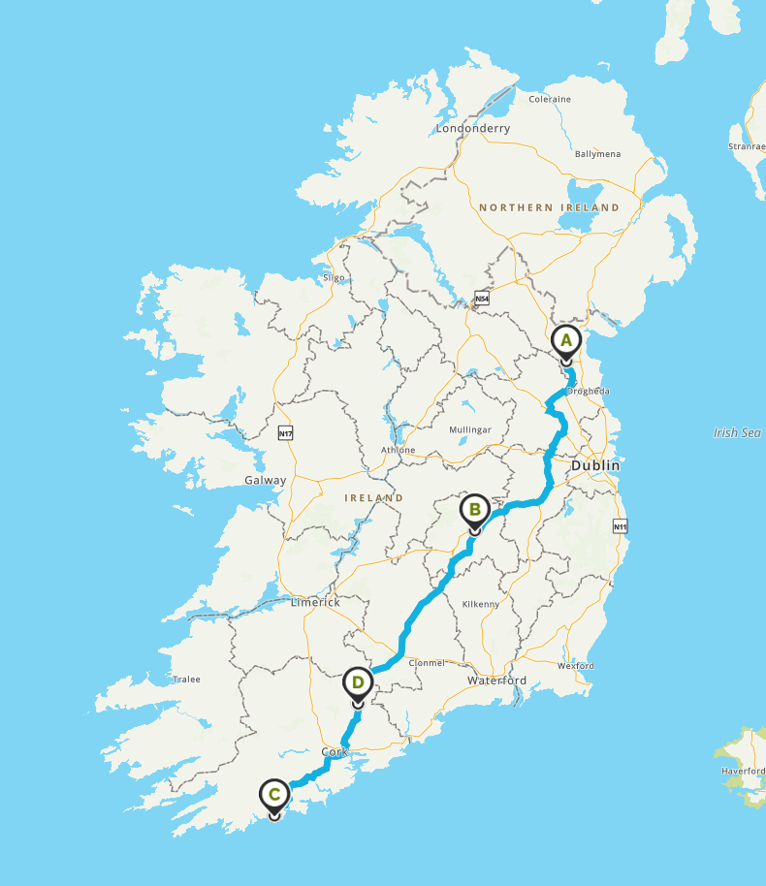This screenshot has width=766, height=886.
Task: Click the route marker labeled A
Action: point(566,341)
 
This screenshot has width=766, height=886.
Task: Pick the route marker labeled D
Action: point(358,682)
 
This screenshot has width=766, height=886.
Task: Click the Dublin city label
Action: point(594,465)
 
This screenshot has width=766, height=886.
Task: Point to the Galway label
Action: point(265,480)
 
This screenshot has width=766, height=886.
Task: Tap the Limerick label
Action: point(315,602)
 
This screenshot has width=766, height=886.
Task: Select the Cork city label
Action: point(333,752)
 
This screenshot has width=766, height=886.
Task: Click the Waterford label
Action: point(496,680)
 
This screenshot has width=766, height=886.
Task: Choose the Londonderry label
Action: point(472,128)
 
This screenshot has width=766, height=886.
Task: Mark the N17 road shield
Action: point(285,433)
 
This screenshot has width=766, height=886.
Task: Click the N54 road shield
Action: point(482,299)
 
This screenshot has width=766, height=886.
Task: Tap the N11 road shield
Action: point(621,526)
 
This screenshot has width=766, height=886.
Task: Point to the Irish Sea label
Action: point(737,433)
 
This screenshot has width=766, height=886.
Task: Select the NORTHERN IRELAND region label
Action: point(549,207)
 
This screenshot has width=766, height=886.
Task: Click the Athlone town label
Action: point(398,450)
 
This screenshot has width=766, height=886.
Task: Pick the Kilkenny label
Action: point(482,604)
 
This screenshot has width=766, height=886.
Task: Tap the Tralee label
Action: point(186,679)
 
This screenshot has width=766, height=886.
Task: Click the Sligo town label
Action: point(334,278)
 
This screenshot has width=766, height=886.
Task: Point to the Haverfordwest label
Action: point(743,771)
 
